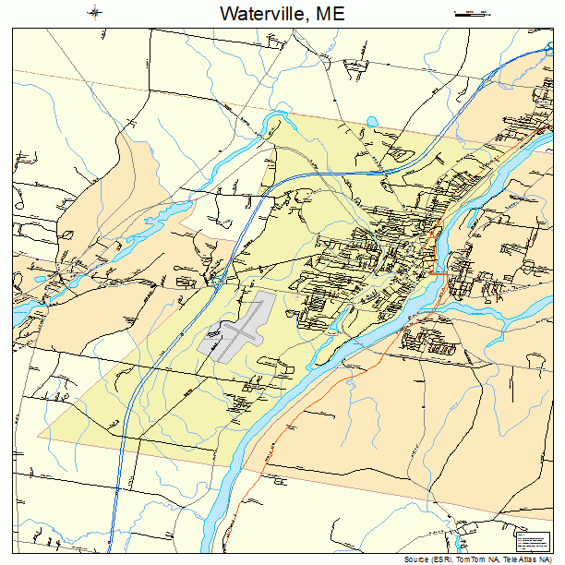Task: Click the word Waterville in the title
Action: tap(261, 14)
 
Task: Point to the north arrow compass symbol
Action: tap(95, 13)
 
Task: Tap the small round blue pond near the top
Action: tap(372, 121)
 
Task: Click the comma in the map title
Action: tap(306, 19)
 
